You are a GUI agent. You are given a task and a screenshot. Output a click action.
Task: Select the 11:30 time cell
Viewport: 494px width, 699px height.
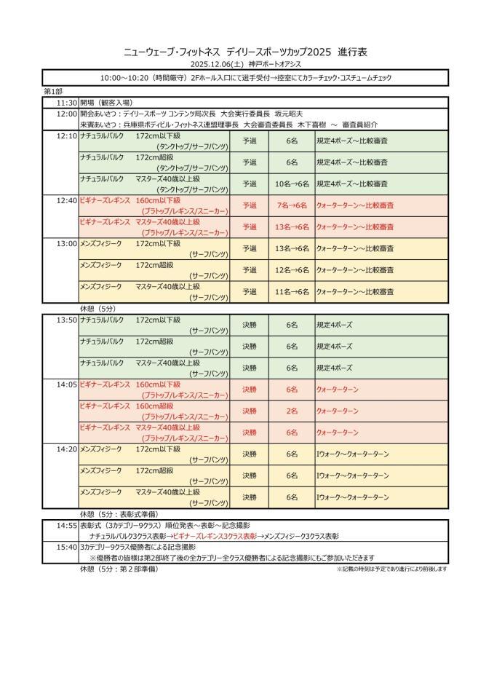66,103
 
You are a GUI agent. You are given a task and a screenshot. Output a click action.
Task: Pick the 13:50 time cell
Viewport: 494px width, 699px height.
66,320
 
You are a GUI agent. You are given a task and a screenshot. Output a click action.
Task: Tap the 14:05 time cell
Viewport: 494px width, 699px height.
66,384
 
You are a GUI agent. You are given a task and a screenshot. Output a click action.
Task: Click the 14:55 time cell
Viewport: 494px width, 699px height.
66,525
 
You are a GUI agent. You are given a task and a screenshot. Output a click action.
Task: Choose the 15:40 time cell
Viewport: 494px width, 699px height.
66,546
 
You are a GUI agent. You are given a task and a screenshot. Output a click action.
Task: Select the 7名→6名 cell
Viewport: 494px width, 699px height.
292,205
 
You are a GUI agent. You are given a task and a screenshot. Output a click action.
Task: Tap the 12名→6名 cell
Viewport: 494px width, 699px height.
292,270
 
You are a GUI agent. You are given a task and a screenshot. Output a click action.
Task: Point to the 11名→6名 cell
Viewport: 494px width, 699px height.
292,291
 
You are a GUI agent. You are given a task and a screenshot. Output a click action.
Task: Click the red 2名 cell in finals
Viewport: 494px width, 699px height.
292,411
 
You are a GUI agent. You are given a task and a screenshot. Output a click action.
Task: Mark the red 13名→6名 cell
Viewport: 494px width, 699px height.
292,227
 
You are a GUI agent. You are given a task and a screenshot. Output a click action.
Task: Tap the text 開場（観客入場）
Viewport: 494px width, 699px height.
110,103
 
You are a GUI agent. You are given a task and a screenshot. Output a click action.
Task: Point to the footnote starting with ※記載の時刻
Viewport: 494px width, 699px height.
392,569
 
